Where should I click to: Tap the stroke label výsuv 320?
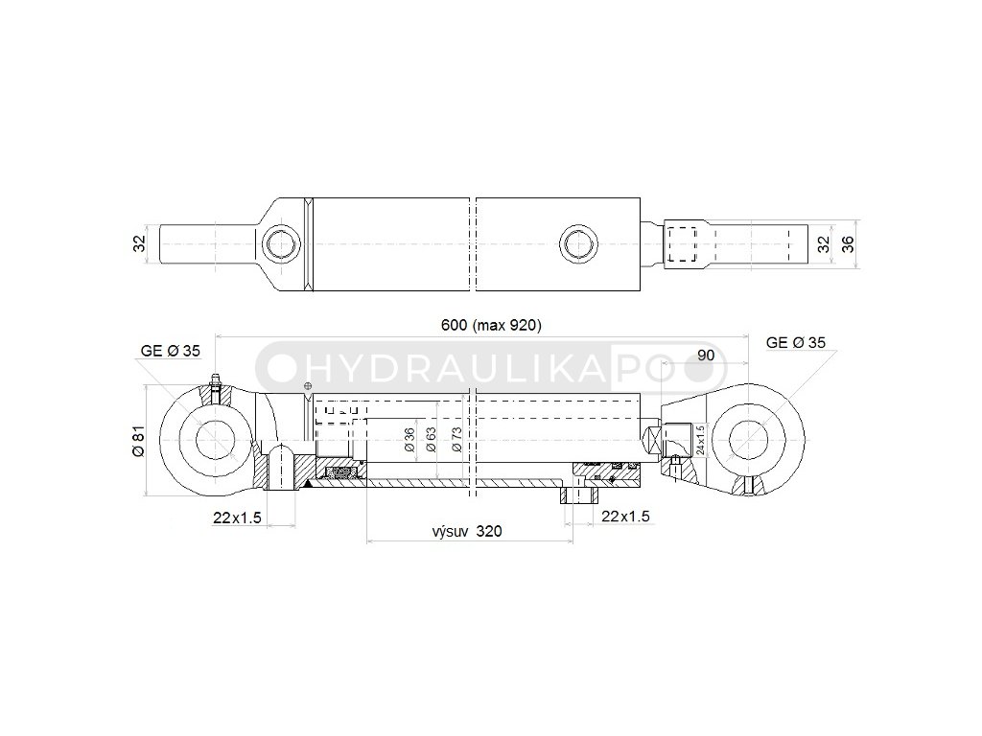[467, 531]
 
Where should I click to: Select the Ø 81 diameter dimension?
[138, 440]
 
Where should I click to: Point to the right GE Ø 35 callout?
[796, 342]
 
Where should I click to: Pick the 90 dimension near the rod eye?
[707, 355]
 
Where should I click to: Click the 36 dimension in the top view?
[847, 244]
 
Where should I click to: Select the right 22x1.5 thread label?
[624, 517]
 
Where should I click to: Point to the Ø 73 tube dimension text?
[456, 439]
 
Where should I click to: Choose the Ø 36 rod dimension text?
[409, 439]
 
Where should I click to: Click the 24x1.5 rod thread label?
[701, 441]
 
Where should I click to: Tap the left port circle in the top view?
[283, 244]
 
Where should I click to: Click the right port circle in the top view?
[579, 243]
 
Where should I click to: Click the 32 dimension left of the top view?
[138, 244]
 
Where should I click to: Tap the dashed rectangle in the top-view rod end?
[683, 244]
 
